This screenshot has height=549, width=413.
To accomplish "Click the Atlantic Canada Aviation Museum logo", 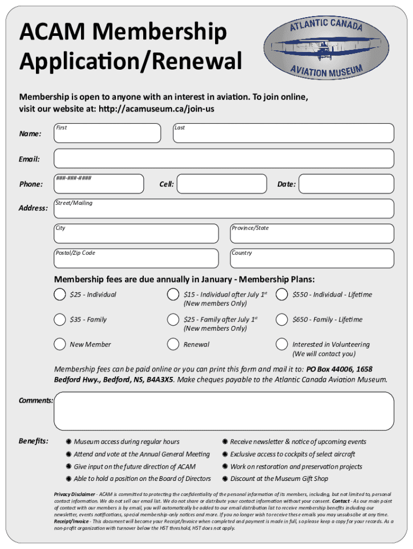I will (x=327, y=49).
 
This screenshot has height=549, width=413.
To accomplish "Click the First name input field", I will (x=107, y=133).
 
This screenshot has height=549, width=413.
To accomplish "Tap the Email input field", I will (x=224, y=159).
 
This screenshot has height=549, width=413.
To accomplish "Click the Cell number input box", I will (x=222, y=184).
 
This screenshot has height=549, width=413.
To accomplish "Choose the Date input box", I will (x=345, y=184).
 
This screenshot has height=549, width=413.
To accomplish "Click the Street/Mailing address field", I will (x=224, y=209).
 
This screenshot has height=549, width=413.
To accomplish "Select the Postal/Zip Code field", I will (x=136, y=258).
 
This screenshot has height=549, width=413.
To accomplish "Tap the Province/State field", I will (x=312, y=234).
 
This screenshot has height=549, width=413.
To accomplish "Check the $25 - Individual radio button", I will (x=60, y=294).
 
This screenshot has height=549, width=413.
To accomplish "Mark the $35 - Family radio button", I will (x=60, y=320).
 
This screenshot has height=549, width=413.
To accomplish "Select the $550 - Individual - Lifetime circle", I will (x=282, y=294).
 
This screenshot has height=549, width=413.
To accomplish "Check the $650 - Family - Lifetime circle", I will (x=282, y=320).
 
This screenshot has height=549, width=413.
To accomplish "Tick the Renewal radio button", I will (x=173, y=344).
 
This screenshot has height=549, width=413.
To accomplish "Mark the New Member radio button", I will (x=60, y=344).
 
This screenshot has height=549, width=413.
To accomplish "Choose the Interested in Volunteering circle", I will (x=282, y=344).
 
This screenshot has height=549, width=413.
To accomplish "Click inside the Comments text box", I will (x=224, y=411).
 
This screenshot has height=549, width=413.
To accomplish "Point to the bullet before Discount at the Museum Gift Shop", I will (x=225, y=479).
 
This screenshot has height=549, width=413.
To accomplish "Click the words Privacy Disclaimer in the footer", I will (x=75, y=494).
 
